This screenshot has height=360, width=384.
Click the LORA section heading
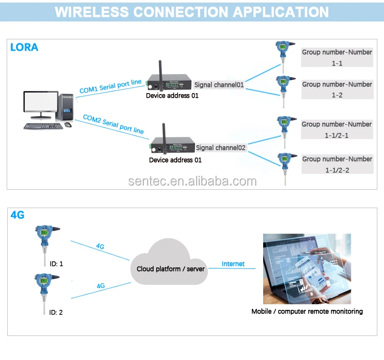click(x=24, y=48)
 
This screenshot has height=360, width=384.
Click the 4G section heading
click(x=17, y=215)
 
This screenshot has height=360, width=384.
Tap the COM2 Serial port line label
click(x=113, y=124)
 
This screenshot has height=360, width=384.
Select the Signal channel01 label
click(x=219, y=85)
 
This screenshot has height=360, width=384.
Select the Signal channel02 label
click(x=221, y=148)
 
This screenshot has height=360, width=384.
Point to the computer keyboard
click(x=44, y=126)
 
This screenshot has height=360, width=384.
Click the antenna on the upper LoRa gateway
click(x=159, y=70)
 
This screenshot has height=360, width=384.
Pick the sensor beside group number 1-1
click(x=283, y=52)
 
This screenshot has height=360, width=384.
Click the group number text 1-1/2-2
click(x=337, y=170)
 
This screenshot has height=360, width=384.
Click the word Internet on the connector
click(x=233, y=264)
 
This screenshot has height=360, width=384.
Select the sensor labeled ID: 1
click(x=44, y=238)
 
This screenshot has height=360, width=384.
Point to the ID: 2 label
click(x=56, y=312)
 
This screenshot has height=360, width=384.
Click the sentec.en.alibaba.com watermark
click(x=191, y=181)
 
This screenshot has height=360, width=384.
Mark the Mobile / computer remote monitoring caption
click(x=307, y=311)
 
